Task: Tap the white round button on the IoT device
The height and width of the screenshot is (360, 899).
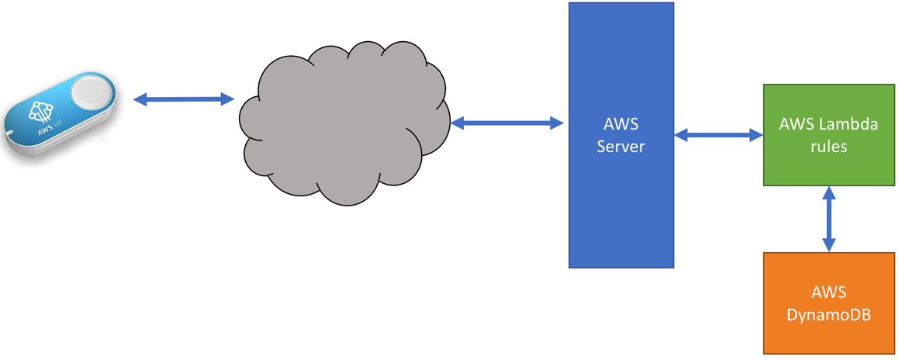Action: pyautogui.click(x=91, y=95)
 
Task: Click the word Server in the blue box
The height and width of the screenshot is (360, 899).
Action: pyautogui.click(x=621, y=146)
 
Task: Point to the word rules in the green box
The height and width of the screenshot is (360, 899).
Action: pyautogui.click(x=828, y=146)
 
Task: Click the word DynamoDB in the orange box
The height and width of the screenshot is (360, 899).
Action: pyautogui.click(x=828, y=314)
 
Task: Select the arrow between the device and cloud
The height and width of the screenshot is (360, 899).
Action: pyautogui.click(x=184, y=99)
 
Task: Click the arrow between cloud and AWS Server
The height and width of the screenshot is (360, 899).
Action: pyautogui.click(x=507, y=123)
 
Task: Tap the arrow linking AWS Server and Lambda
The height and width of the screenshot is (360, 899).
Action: pyautogui.click(x=718, y=136)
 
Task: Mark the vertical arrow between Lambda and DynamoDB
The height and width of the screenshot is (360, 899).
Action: pyautogui.click(x=828, y=219)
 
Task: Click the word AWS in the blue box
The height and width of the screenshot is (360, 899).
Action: pyautogui.click(x=621, y=124)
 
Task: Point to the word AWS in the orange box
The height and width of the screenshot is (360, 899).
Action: pyautogui.click(x=828, y=292)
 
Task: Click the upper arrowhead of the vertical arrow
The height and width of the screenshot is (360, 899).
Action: pyautogui.click(x=828, y=192)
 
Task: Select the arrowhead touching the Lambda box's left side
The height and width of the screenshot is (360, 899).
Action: pyautogui.click(x=756, y=136)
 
